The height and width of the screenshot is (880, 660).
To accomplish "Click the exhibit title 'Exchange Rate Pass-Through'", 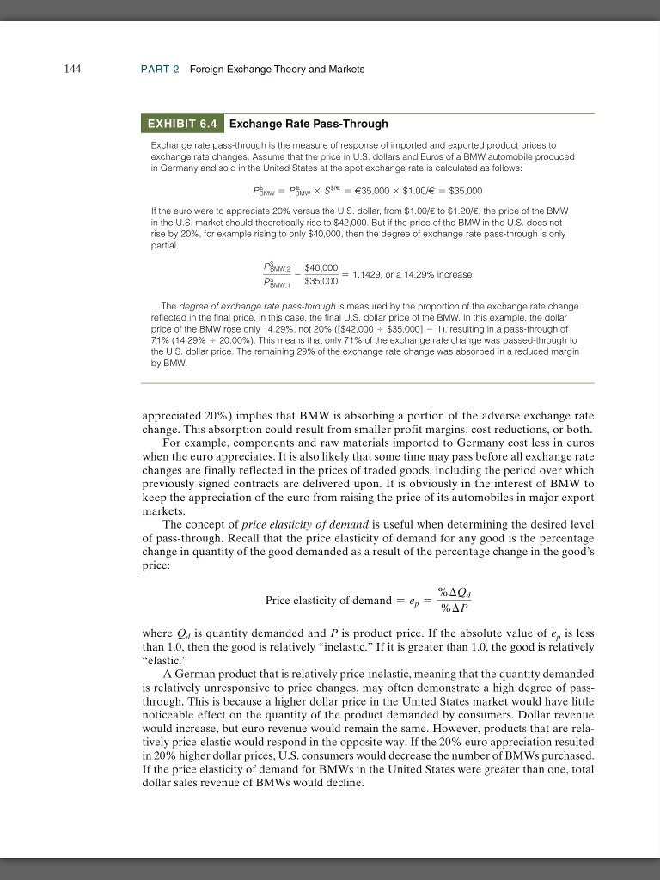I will (309, 124).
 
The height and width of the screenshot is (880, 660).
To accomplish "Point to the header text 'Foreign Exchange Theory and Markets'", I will (277, 69).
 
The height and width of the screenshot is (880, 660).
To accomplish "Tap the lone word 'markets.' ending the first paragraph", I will (162, 508).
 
